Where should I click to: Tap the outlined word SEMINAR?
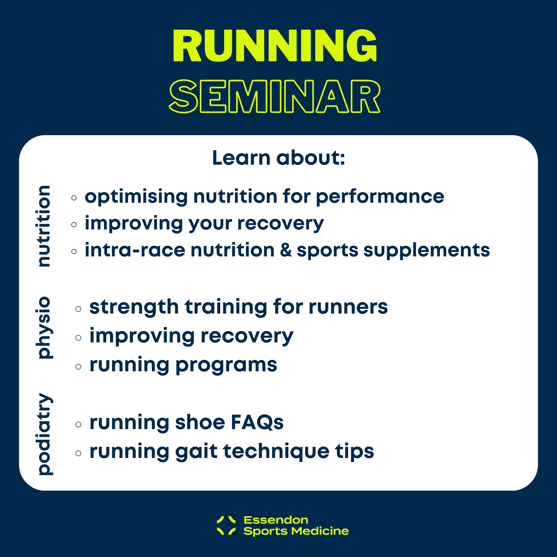pos(275,96)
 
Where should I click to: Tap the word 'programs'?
pos(226,365)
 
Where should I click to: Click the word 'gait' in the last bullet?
pos(196,451)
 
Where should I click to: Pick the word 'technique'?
pos(276,451)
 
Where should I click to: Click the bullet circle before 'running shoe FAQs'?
pos(78,424)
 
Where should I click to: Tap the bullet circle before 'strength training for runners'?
pos(78,309)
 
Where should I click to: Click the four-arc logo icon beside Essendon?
pos(226,525)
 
